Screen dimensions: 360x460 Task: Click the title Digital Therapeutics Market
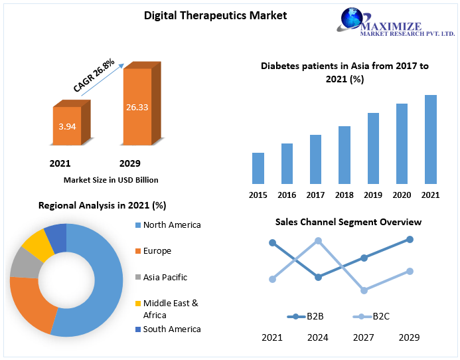click(x=216, y=15)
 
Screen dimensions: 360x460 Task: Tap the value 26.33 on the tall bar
click(x=137, y=106)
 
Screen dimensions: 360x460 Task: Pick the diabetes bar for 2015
click(x=258, y=168)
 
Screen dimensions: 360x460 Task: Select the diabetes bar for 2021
click(x=431, y=139)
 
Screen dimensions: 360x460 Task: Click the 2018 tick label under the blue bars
click(x=344, y=195)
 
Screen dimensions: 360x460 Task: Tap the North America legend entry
click(x=171, y=225)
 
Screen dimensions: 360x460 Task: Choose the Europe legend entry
click(x=157, y=250)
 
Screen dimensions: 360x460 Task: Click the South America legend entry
click(x=171, y=329)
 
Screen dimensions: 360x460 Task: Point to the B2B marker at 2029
click(x=410, y=239)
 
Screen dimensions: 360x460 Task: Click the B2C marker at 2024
click(x=318, y=241)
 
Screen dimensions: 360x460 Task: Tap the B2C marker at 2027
click(x=364, y=290)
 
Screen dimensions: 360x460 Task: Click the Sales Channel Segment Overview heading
click(x=348, y=222)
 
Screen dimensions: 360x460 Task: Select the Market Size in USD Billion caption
click(x=111, y=180)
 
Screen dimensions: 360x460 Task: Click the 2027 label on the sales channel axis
click(x=363, y=337)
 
